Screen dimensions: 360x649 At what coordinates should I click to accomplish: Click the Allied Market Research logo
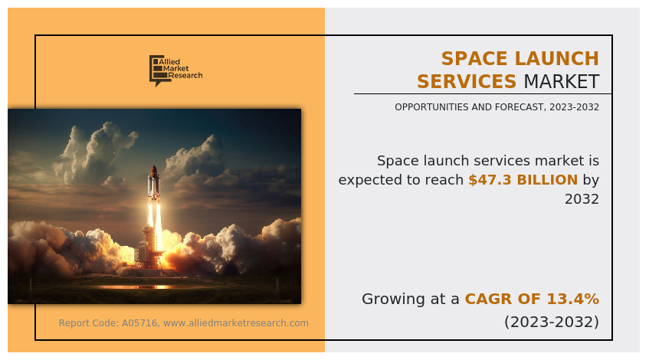[175, 70]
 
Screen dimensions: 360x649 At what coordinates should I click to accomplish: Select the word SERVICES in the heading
[467, 82]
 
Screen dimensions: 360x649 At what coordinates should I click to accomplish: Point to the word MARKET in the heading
[561, 82]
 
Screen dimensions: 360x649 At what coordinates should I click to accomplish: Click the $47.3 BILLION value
[523, 180]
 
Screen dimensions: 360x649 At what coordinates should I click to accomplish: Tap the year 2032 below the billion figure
[582, 199]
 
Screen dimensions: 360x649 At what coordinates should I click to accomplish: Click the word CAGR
[487, 299]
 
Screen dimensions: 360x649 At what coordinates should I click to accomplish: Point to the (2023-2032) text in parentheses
[551, 322]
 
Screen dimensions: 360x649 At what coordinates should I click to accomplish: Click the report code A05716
[140, 323]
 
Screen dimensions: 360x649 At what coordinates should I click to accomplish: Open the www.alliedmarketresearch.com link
[236, 323]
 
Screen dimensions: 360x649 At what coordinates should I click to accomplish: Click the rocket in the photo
[153, 184]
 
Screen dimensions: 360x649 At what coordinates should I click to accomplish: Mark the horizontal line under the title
[483, 94]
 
